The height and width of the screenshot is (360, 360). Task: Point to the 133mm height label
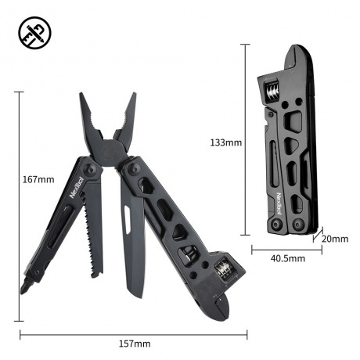227,142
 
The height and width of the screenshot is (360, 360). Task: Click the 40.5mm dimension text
287,257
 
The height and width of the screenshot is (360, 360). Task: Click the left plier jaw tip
84,99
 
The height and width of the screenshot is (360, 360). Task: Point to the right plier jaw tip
133,97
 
